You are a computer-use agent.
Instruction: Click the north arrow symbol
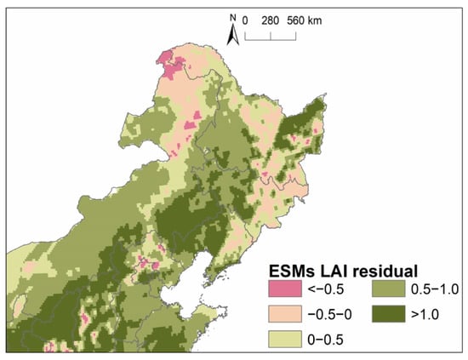[231, 34]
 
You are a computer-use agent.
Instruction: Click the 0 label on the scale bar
[245, 19]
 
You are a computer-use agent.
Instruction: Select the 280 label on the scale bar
[271, 19]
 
